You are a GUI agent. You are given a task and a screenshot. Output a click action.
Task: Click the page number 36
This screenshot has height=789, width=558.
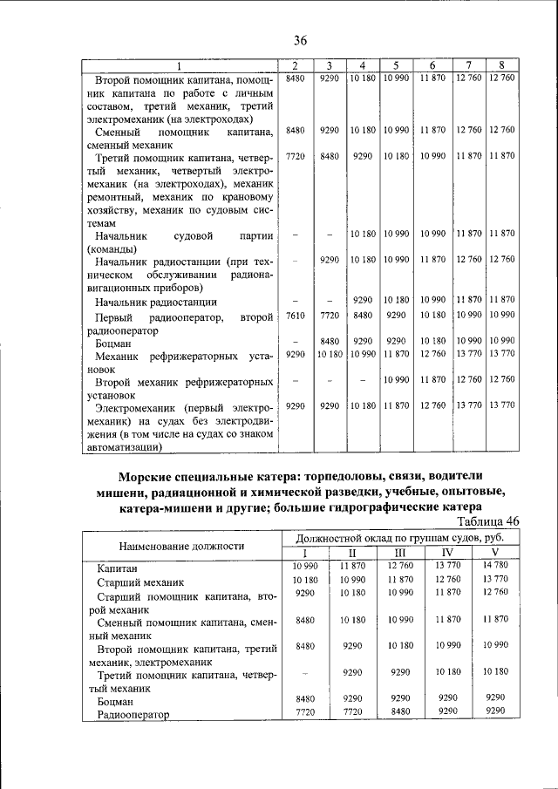pyautogui.click(x=301, y=40)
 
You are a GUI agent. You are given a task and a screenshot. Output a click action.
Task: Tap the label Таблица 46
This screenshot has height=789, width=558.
pyautogui.click(x=483, y=521)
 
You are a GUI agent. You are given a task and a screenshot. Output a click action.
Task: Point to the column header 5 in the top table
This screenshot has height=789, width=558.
pyautogui.click(x=396, y=66)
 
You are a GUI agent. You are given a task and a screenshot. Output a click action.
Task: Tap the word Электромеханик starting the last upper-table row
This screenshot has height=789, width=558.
pyautogui.click(x=139, y=407)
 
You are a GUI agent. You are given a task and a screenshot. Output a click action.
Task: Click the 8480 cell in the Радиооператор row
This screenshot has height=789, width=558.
pyautogui.click(x=399, y=711)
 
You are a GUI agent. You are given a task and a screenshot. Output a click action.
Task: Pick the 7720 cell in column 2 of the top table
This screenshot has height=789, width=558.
pyautogui.click(x=295, y=156)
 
